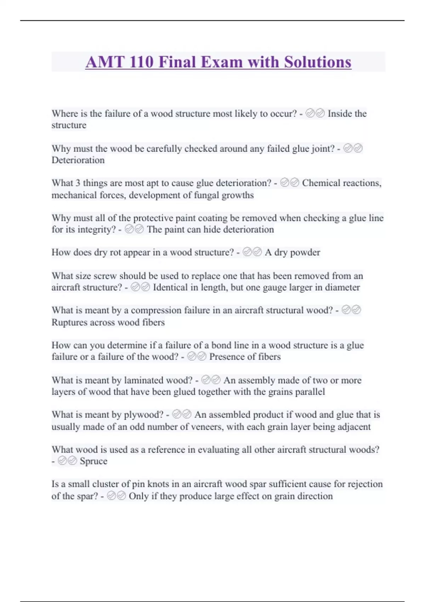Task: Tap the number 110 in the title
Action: [141, 62]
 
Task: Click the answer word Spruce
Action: [93, 461]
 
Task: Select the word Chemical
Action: [322, 183]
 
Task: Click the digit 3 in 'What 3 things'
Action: [78, 183]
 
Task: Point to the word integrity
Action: [94, 229]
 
